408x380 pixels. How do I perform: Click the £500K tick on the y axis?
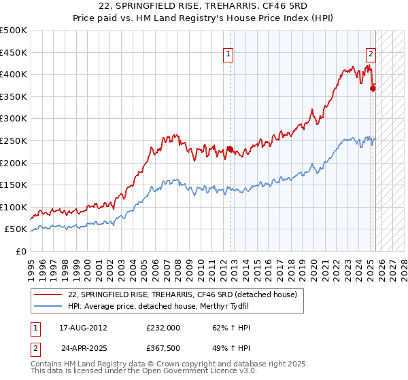[x=14, y=31]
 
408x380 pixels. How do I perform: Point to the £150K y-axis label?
[x=14, y=185]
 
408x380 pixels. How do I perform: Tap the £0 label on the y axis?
[x=20, y=251]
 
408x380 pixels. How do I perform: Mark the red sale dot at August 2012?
[x=230, y=149]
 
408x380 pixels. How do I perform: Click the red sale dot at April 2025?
[x=373, y=88]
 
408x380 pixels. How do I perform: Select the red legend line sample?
[x=48, y=294]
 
